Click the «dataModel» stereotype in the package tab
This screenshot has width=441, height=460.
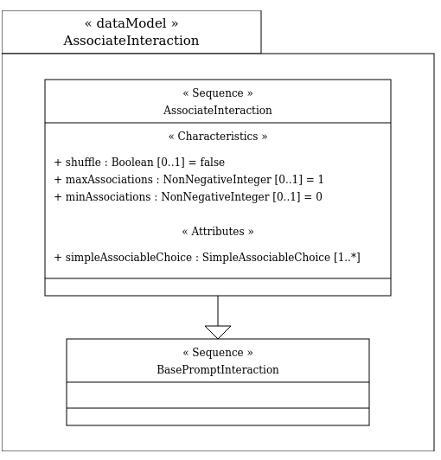click(131, 23)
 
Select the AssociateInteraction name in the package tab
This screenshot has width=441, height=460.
click(131, 40)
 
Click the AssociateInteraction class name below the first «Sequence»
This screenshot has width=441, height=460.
click(218, 110)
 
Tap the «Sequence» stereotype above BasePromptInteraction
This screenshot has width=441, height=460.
click(218, 352)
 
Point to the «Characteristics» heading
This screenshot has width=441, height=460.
click(218, 136)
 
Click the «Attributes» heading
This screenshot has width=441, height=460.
click(218, 231)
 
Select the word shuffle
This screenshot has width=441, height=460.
click(83, 162)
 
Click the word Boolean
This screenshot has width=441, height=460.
click(132, 162)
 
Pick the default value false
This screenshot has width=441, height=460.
click(213, 162)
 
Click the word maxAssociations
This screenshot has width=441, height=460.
click(109, 179)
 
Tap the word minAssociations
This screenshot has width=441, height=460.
click(108, 196)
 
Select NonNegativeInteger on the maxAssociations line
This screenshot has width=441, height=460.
click(217, 179)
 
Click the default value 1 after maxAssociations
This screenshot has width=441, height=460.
click(321, 179)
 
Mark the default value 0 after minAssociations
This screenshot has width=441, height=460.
click(319, 196)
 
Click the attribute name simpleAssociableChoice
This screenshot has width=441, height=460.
click(129, 257)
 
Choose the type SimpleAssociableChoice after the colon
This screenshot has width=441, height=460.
click(266, 257)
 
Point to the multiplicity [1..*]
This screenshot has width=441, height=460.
click(347, 257)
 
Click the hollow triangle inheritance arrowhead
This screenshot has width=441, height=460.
click(218, 332)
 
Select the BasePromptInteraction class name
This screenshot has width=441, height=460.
click(218, 369)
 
